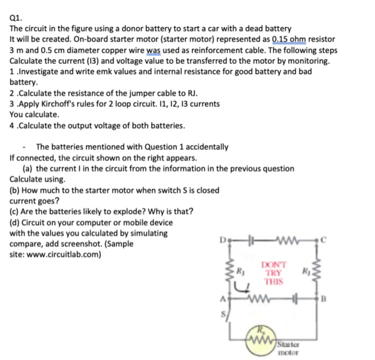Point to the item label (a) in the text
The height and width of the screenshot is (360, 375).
(28, 168)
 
